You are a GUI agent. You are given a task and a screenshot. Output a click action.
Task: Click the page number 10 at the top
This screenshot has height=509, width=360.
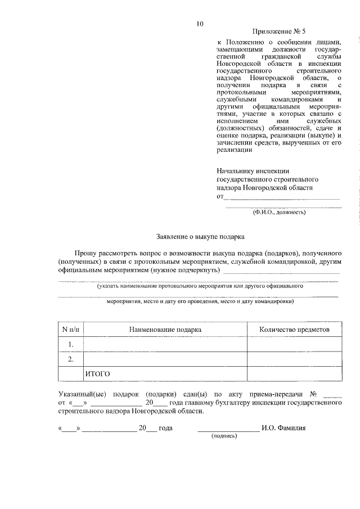click(200, 24)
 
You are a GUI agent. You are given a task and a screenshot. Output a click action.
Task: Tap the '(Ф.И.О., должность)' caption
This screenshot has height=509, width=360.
click(279, 212)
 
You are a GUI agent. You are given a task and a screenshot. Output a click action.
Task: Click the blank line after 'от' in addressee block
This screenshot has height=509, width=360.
click(281, 196)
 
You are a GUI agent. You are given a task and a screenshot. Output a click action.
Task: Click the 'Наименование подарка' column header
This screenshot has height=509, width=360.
click(165, 329)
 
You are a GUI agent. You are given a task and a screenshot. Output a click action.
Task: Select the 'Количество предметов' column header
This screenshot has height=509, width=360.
click(294, 329)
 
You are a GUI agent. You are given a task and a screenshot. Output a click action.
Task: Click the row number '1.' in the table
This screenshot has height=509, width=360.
click(71, 344)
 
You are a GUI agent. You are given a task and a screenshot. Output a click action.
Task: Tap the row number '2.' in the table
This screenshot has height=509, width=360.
click(71, 359)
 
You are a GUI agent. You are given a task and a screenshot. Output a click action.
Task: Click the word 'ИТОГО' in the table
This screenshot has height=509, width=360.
click(97, 373)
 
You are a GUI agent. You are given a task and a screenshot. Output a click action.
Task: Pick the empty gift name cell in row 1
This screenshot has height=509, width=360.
click(165, 344)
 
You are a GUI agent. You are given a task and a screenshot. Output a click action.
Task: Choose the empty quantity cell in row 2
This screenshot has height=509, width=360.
click(294, 359)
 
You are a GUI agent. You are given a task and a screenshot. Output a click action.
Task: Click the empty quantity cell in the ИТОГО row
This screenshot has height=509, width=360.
click(294, 373)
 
